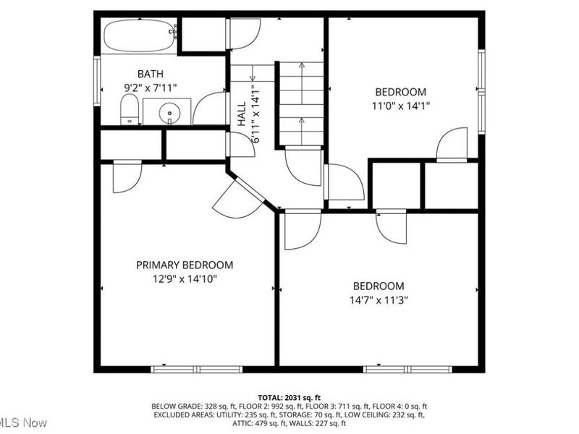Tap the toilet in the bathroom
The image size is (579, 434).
pyautogui.click(x=130, y=111)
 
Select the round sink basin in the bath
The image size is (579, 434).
pyautogui.click(x=169, y=112)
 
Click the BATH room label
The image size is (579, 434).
pyautogui.click(x=151, y=74)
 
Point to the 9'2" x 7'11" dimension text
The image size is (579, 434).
pyautogui.click(x=151, y=88)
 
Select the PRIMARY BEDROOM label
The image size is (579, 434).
pyautogui.click(x=185, y=265)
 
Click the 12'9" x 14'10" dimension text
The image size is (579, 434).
pyautogui.click(x=185, y=278)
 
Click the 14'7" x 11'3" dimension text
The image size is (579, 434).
pyautogui.click(x=379, y=299)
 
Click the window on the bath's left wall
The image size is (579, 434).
pyautogui.click(x=97, y=81)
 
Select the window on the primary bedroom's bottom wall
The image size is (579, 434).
pyautogui.click(x=196, y=370)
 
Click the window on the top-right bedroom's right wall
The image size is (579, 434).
pyautogui.click(x=481, y=91)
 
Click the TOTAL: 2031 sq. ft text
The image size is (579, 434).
pyautogui.click(x=289, y=398)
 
